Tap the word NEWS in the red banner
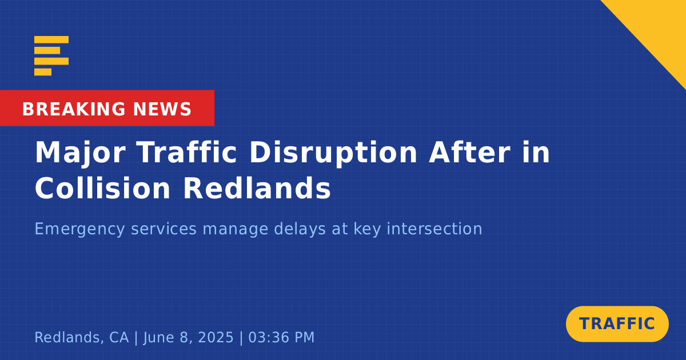162,109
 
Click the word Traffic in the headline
187,152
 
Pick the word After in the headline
470,152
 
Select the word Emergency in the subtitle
80,229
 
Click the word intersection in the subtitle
434,229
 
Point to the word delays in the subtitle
300,229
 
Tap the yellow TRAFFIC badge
617,324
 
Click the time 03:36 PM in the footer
281,337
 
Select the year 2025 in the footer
216,337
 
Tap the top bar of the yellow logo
51,39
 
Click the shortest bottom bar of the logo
43,72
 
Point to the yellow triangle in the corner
659,27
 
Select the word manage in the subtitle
236,230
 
